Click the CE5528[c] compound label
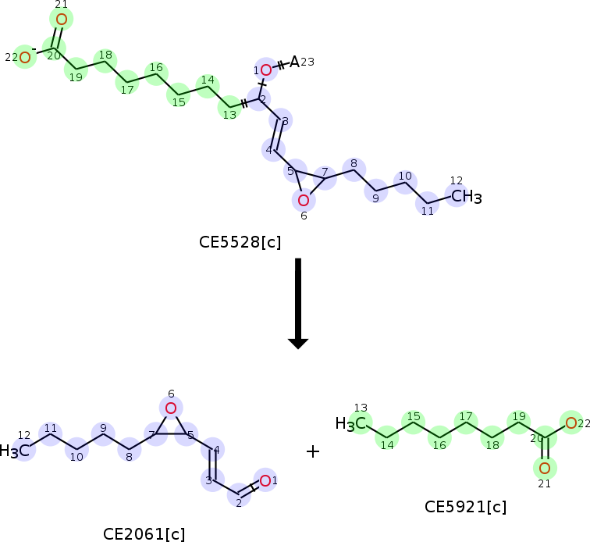click(240, 242)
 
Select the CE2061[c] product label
click(144, 533)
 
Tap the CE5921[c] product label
click(465, 507)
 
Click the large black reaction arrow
click(298, 303)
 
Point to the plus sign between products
click(313, 451)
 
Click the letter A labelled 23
click(294, 62)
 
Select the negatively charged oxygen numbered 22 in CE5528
click(25, 58)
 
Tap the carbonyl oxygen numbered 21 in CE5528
click(62, 20)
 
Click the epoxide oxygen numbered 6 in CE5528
click(304, 201)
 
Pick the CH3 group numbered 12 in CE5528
click(466, 197)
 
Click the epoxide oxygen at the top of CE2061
click(171, 408)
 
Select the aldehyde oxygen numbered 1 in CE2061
click(265, 480)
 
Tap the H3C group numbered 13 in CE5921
click(350, 424)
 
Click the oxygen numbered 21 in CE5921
click(545, 468)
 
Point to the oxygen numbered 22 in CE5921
click(571, 423)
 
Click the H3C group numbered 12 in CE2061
click(14, 451)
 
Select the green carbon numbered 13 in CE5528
click(229, 107)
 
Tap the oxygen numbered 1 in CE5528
click(266, 70)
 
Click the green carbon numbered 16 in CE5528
click(156, 74)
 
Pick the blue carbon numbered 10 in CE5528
click(405, 182)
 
